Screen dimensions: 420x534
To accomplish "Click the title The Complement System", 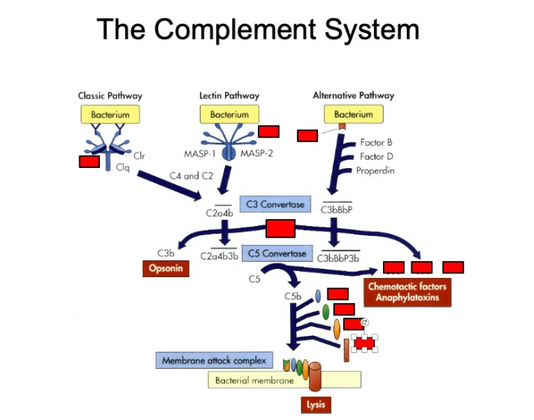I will [259, 30].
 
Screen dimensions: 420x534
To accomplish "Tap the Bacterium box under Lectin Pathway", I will [224, 115].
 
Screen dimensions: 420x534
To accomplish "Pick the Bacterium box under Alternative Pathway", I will [353, 115].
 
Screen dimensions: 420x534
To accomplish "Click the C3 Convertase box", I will [275, 205].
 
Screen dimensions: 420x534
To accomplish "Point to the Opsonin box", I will [165, 269].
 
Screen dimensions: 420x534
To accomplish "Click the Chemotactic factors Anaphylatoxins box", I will [407, 292].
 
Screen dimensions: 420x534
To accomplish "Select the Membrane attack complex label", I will [214, 360].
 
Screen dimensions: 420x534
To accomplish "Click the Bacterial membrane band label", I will [254, 380].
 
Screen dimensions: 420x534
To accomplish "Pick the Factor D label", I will [376, 157].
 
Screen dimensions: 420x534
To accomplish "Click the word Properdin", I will [375, 171].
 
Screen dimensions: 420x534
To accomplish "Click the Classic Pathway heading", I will [110, 96].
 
